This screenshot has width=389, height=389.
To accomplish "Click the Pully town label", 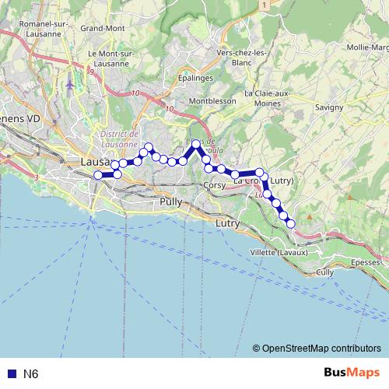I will (170, 202).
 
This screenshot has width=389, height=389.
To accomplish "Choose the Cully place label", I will (325, 272).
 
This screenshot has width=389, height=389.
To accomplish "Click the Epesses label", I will (366, 262).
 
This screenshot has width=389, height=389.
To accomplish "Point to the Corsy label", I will (214, 185).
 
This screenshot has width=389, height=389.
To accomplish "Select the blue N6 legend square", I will (11, 374).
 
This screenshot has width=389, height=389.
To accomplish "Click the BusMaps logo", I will (352, 373).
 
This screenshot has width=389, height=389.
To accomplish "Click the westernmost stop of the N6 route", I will (99, 175).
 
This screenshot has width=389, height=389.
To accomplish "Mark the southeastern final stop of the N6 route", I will (291, 223).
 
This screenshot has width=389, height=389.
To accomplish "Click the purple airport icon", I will (72, 83).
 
